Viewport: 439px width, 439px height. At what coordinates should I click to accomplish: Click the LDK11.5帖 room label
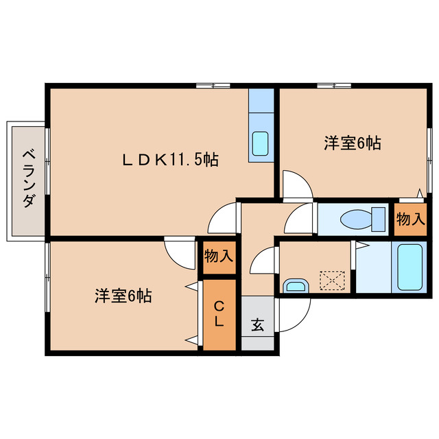[x=170, y=160]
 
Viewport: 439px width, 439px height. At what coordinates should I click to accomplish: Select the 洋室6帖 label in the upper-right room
[x=352, y=143]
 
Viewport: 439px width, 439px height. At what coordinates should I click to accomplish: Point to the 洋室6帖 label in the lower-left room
[x=123, y=296]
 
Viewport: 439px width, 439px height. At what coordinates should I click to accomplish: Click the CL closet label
[x=218, y=313]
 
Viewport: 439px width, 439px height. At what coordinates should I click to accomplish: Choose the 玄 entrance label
[x=257, y=324]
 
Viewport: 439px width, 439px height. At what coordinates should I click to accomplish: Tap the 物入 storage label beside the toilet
[x=410, y=219]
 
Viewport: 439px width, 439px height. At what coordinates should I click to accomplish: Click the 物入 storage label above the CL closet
[x=218, y=257]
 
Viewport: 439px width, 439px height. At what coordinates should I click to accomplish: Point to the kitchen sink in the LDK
[x=261, y=143]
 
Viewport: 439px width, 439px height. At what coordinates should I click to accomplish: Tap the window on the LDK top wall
[x=213, y=85]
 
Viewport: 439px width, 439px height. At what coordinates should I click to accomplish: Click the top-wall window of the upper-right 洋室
[x=334, y=85]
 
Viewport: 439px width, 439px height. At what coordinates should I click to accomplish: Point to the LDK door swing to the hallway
[x=222, y=219]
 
